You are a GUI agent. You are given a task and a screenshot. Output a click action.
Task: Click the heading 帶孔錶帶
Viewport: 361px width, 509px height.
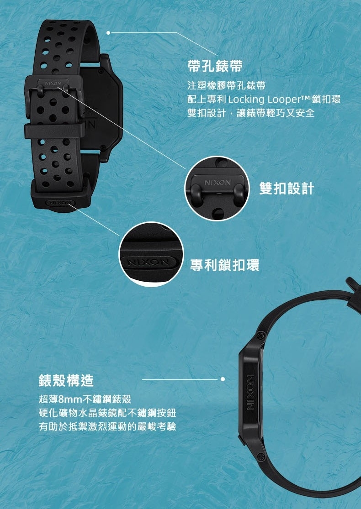[215, 66]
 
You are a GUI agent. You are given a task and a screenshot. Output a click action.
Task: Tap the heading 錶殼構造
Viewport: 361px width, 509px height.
[66, 380]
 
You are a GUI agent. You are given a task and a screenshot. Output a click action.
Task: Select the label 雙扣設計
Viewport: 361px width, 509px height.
[287, 189]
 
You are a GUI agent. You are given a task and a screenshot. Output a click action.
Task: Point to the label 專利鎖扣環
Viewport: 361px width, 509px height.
[224, 265]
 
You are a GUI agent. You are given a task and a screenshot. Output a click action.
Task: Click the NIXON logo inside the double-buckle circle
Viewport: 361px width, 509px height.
[218, 183]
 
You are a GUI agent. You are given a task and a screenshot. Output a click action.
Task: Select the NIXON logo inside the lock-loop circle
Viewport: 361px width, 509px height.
[149, 262]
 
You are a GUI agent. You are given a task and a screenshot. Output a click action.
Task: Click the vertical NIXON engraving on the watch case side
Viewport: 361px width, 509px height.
[250, 393]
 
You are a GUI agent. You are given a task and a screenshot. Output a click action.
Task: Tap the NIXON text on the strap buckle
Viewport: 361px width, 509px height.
[53, 84]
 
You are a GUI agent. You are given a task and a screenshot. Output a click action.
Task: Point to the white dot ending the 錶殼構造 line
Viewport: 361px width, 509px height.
[223, 379]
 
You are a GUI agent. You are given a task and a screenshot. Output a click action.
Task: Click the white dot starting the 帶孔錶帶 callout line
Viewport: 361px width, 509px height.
[108, 32]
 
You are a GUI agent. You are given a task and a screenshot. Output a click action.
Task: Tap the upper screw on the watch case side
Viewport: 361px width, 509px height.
[261, 336]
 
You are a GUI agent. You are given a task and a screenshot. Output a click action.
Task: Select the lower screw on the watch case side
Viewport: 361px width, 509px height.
[260, 457]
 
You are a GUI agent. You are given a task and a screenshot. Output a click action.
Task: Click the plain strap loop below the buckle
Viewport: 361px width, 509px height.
[54, 131]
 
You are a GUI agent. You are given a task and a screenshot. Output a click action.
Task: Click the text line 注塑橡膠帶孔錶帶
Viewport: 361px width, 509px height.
[227, 85]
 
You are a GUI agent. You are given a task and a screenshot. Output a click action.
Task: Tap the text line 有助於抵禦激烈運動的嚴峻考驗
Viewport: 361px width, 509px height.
[107, 426]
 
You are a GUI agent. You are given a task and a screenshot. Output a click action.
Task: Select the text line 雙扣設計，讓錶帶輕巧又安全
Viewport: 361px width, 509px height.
[251, 113]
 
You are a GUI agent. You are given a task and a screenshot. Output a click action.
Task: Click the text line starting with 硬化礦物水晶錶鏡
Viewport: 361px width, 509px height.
[107, 413]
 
